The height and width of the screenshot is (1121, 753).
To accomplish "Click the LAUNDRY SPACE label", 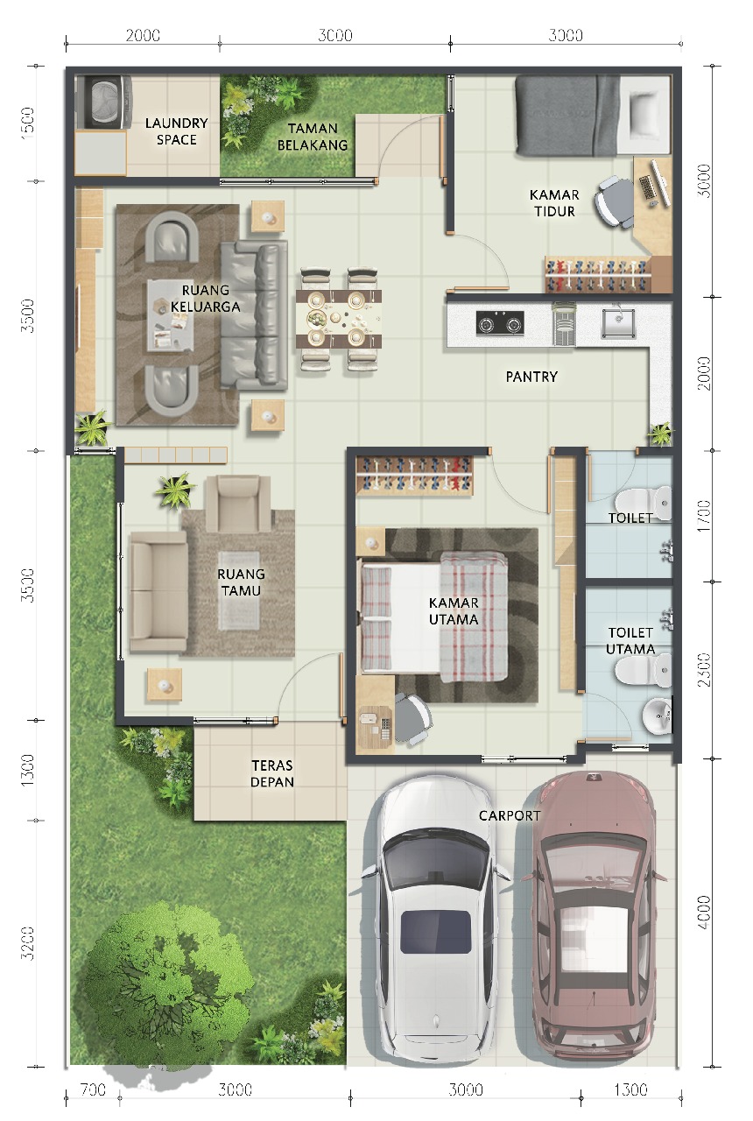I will coord(176,131).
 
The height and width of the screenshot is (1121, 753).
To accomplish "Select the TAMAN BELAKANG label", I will coord(313,137).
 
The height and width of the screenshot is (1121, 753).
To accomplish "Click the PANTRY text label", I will coord(531,377).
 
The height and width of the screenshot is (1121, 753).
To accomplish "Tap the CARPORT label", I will coord(510,815).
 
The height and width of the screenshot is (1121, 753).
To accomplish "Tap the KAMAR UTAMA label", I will coord(454,611).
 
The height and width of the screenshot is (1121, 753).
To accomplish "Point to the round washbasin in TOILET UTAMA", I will coord(657,717).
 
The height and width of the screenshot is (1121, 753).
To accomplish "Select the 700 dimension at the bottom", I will coord(92,1090).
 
